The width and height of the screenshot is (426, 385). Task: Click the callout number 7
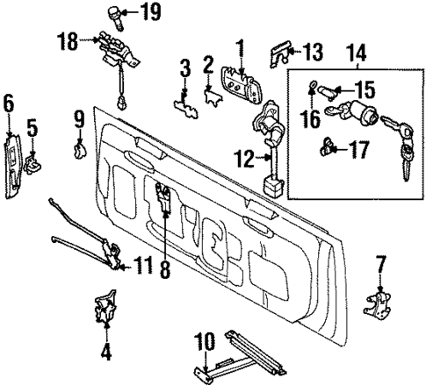pos(380,262)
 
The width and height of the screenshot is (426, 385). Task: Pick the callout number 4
pos(106,355)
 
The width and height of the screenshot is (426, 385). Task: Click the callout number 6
pos(9,105)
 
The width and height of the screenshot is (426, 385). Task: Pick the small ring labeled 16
pos(312,87)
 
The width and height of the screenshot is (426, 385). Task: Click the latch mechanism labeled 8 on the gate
pos(163,201)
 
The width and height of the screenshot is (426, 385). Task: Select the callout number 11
pos(145,260)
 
